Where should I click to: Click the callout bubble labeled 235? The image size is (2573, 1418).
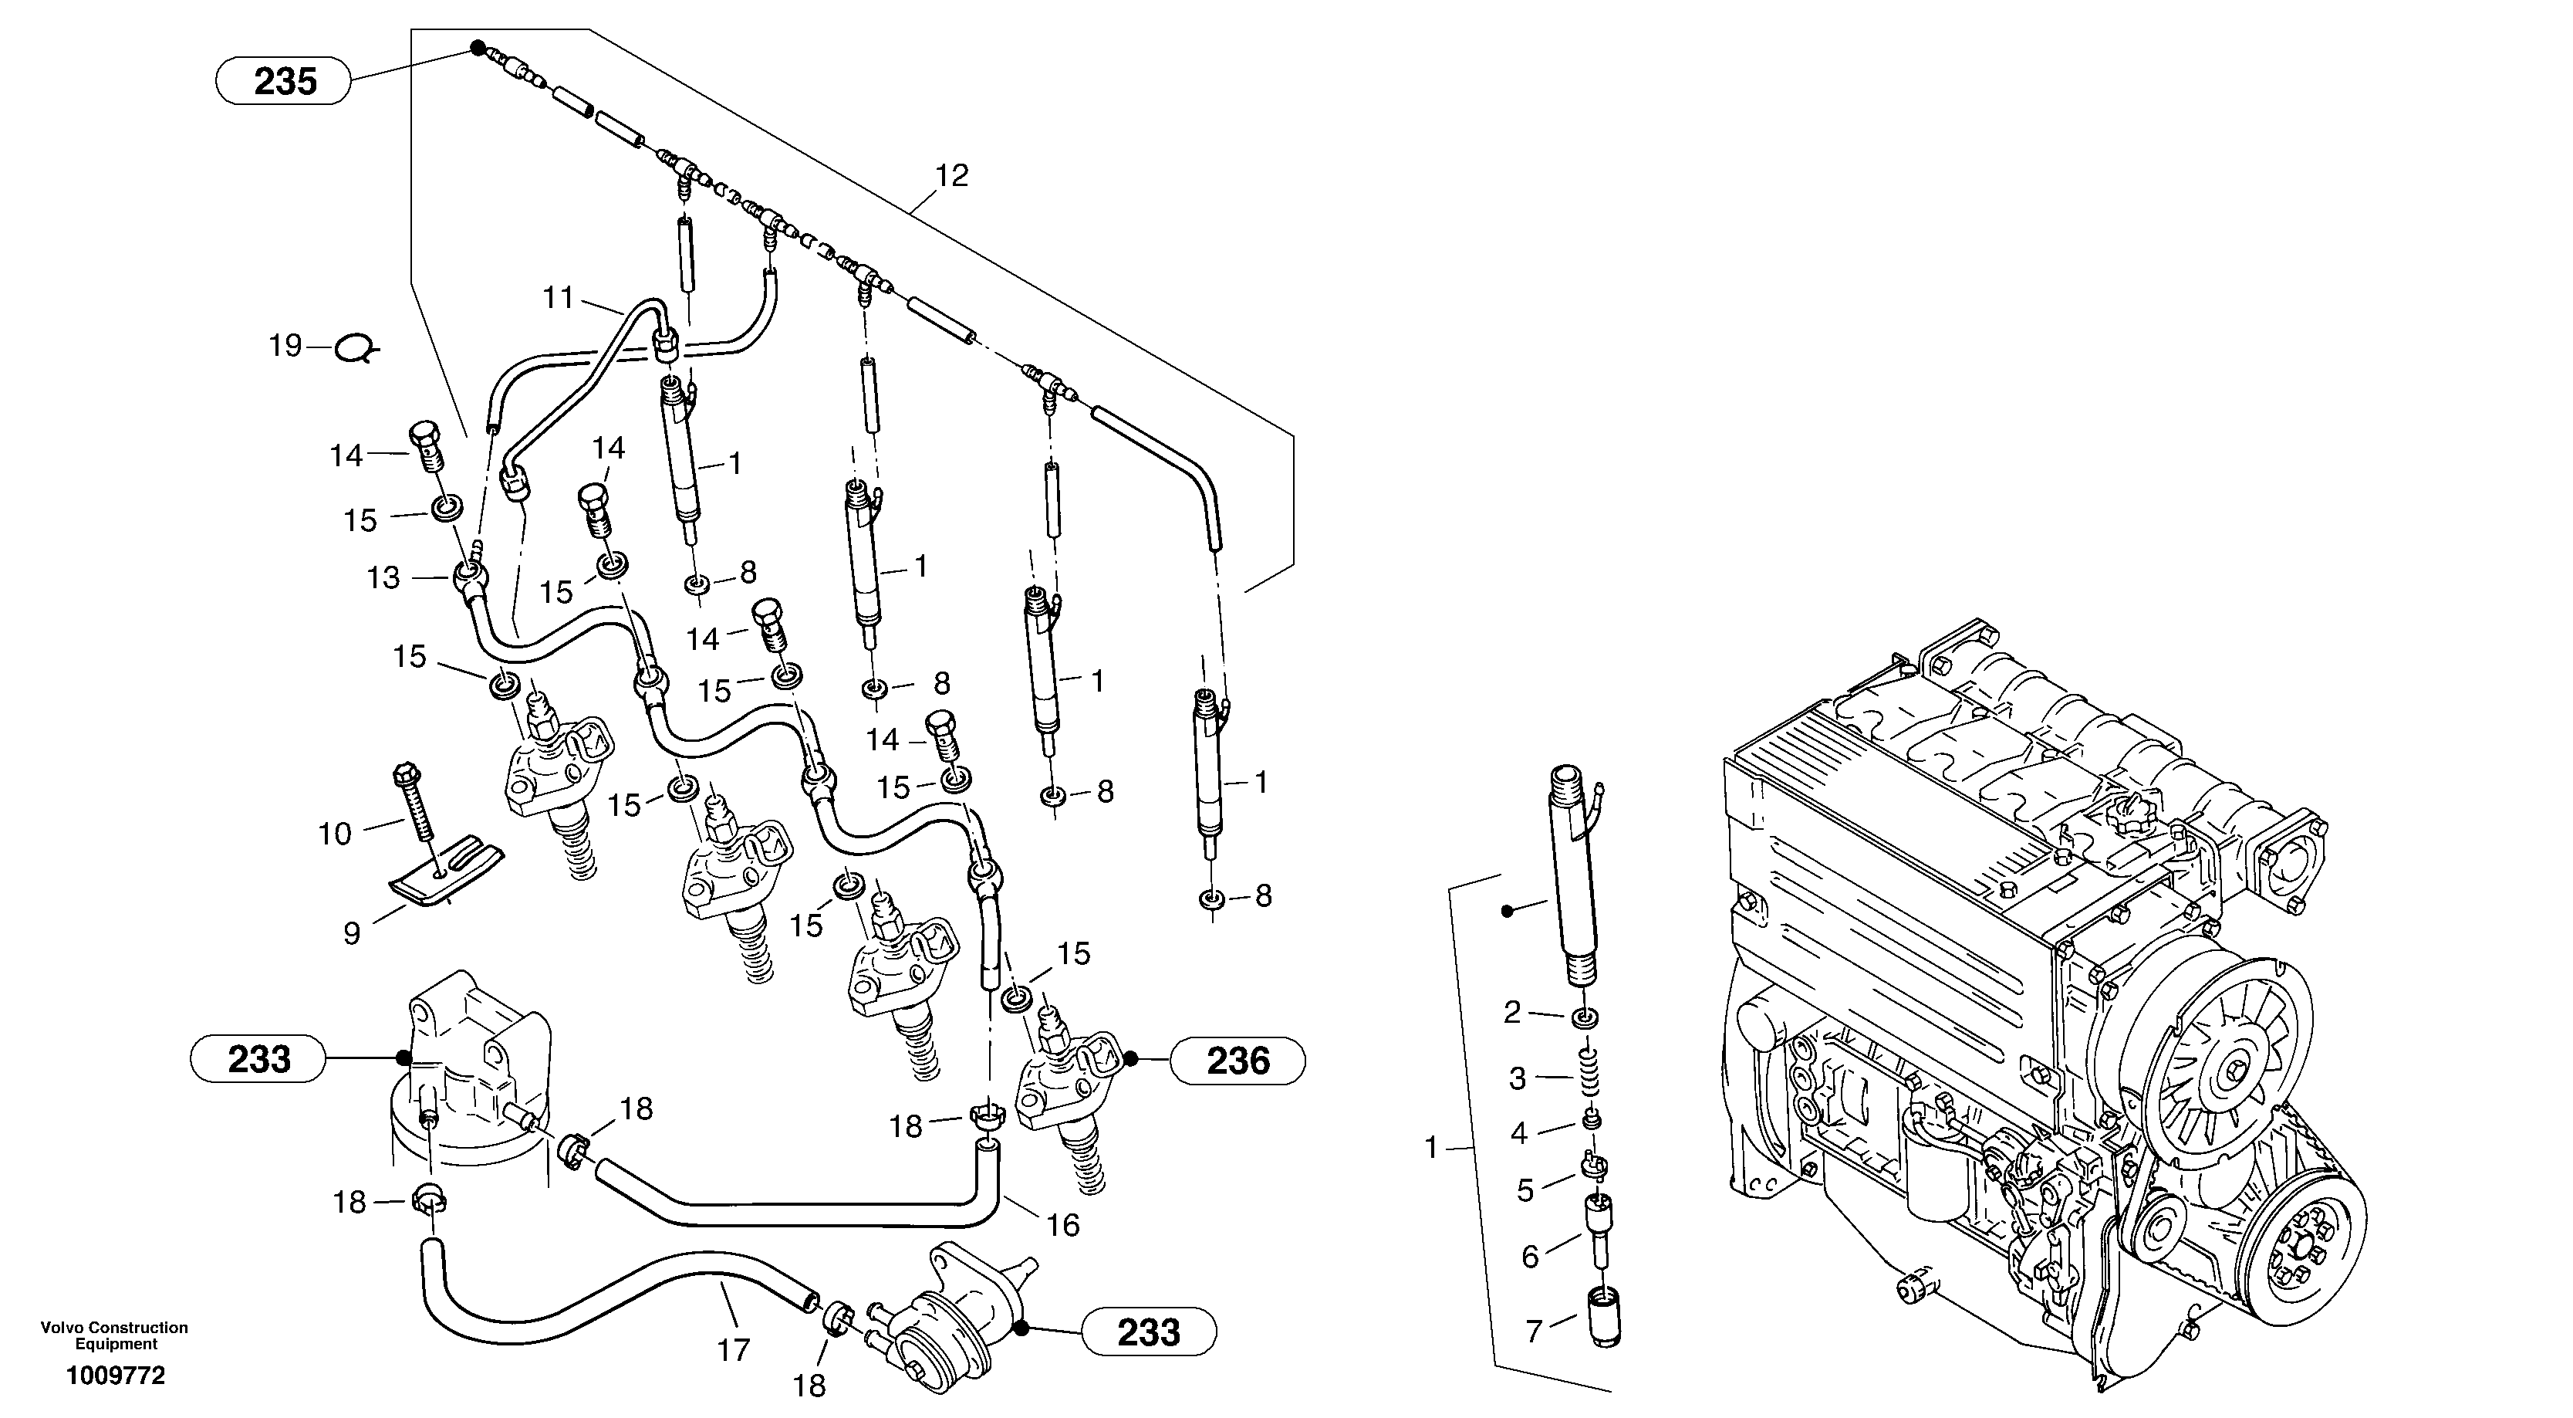(x=284, y=81)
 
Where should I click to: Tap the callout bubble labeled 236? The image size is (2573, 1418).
(x=1237, y=1061)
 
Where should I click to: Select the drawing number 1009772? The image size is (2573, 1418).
(x=115, y=1376)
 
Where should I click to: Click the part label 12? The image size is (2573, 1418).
(x=951, y=176)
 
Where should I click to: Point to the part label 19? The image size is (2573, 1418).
(x=285, y=346)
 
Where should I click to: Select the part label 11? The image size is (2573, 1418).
(x=559, y=298)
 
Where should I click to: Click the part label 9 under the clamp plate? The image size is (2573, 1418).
(x=352, y=933)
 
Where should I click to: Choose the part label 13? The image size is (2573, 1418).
(x=383, y=577)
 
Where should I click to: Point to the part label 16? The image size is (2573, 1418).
(x=1064, y=1225)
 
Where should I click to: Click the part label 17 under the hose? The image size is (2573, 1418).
(x=733, y=1351)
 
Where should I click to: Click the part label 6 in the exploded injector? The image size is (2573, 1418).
(x=1530, y=1256)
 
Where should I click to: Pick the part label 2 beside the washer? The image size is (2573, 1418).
(x=1512, y=1014)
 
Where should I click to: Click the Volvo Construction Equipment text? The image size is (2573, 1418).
(x=114, y=1335)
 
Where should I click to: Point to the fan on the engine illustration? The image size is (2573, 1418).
(x=2225, y=1069)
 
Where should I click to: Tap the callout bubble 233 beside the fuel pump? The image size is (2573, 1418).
(x=1149, y=1332)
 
